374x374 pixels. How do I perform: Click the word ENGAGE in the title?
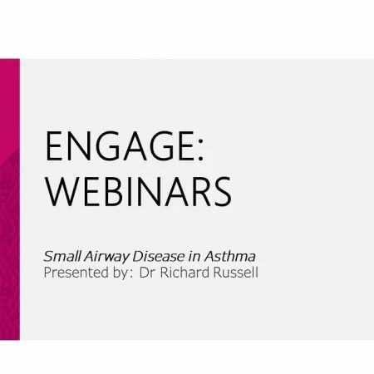click(x=120, y=145)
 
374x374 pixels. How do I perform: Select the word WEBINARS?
click(x=138, y=191)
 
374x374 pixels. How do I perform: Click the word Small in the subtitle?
click(x=62, y=256)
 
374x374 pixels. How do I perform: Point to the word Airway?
click(x=106, y=257)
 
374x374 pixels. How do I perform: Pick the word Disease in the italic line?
click(x=159, y=256)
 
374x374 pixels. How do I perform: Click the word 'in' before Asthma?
click(x=194, y=257)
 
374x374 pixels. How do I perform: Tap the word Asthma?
click(x=230, y=256)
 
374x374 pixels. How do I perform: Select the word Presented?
click(x=76, y=273)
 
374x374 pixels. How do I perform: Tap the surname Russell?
click(x=236, y=273)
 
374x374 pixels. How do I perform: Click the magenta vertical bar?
click(x=10, y=199)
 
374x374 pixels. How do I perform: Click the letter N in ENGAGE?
click(x=78, y=145)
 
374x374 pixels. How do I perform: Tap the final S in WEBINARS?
click(x=222, y=192)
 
